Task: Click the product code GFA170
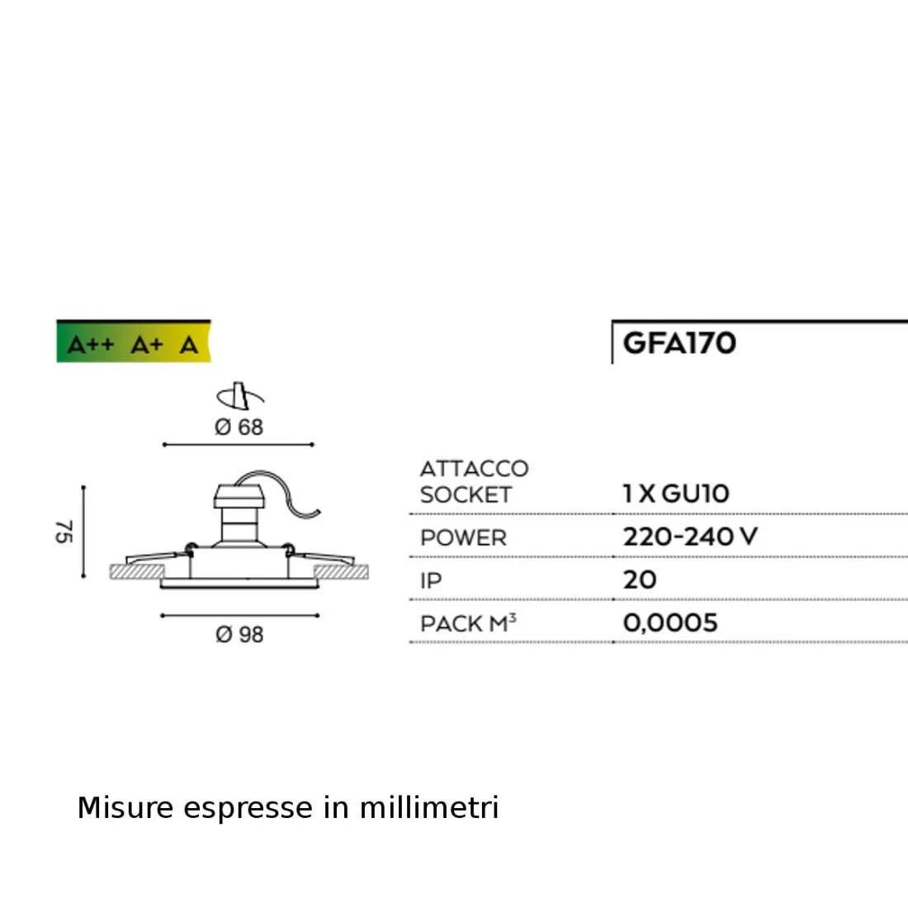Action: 679,343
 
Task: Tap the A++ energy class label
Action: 90,345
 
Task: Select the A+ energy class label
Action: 147,345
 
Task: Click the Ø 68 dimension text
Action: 239,427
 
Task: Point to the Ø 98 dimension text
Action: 239,634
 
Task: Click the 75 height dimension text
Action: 64,532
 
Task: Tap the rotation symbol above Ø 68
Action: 239,396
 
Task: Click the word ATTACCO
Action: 474,469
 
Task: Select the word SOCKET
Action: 466,495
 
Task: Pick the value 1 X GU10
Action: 676,494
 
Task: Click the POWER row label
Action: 463,538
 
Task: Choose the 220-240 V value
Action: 689,537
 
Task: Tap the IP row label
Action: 431,581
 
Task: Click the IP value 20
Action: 640,579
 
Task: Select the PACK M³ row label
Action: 467,623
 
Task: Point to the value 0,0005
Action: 670,622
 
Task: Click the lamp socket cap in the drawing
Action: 239,495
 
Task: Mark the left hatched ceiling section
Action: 136,571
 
